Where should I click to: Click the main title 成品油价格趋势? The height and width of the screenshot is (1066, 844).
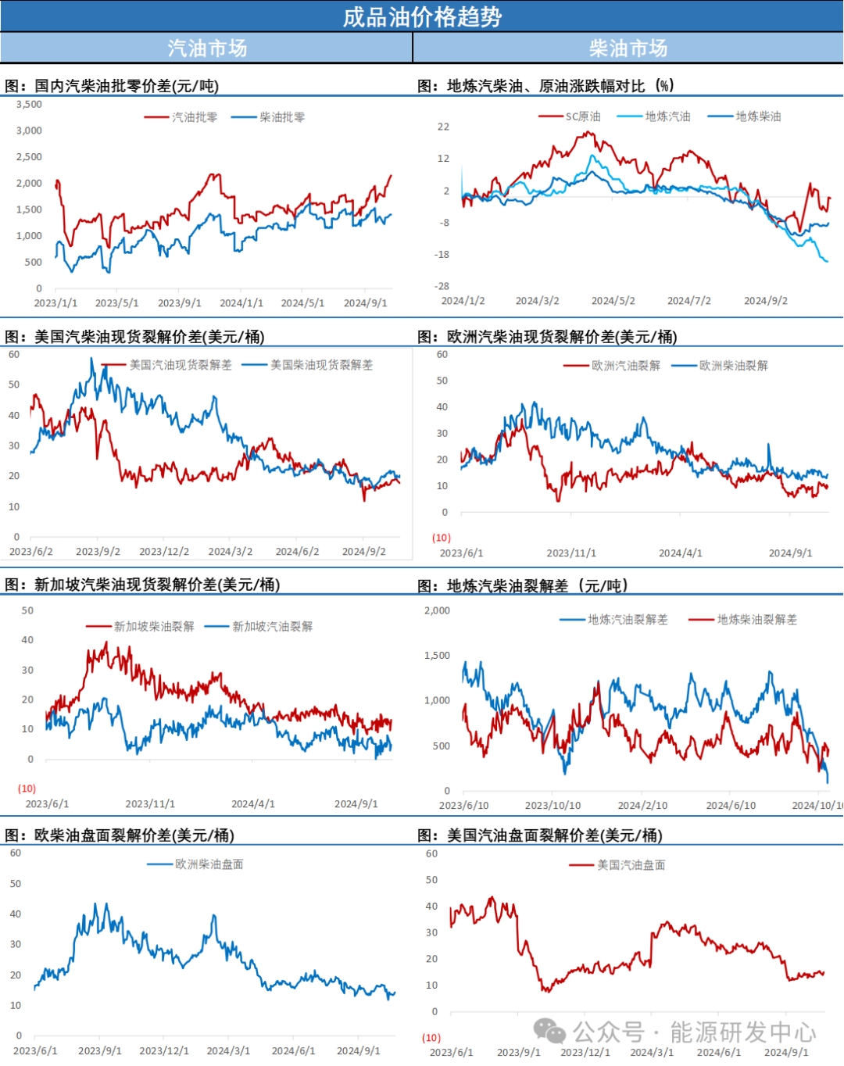tap(422, 16)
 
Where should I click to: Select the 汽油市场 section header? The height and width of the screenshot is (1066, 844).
tap(207, 48)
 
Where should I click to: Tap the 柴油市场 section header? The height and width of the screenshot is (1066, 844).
tap(628, 48)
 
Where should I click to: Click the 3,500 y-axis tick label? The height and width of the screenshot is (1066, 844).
tap(29, 104)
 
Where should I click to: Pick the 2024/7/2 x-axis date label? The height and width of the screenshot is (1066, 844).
tap(688, 301)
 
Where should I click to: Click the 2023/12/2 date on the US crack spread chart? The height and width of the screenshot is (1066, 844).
tap(164, 552)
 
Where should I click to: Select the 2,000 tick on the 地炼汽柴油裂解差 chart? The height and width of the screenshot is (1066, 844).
tap(437, 610)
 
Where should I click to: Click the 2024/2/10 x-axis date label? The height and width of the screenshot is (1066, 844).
tap(642, 805)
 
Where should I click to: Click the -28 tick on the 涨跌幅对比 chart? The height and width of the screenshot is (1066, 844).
tap(442, 287)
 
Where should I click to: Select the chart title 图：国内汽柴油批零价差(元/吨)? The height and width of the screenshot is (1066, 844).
tap(112, 86)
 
